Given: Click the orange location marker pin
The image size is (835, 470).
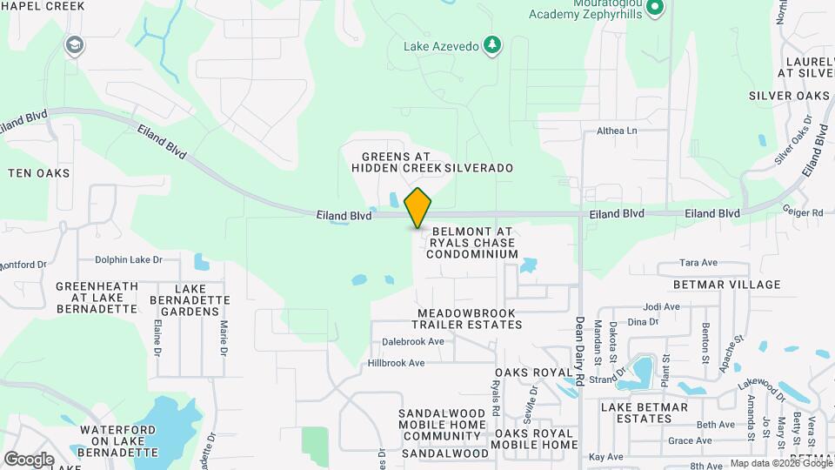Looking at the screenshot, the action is click(417, 208).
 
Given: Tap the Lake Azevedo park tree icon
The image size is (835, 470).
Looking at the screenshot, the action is click(493, 45).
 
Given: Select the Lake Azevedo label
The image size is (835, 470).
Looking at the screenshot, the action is click(441, 45).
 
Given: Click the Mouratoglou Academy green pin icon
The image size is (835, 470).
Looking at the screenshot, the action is click(657, 10).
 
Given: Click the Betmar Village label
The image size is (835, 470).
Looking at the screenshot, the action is click(726, 285).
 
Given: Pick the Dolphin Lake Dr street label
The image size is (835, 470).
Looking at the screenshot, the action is click(129, 259).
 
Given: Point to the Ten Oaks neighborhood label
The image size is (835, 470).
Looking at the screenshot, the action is click(38, 173).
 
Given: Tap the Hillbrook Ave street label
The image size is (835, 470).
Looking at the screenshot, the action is click(396, 363).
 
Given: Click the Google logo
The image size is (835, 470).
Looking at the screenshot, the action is click(28, 459).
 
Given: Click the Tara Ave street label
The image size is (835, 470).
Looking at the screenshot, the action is click(698, 262).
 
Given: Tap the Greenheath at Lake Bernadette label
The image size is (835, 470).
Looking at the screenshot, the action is click(97, 297).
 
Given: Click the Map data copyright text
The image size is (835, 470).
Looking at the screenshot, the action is click(780, 463).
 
